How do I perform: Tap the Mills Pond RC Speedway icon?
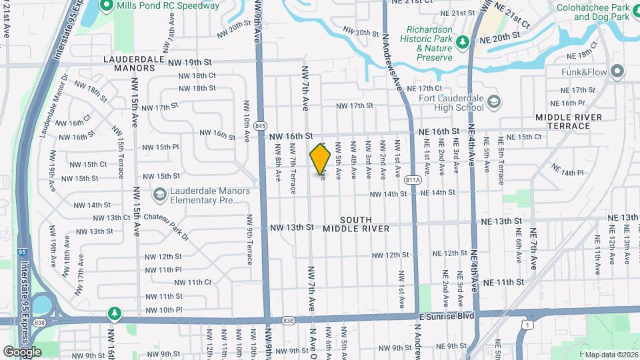point(106,6)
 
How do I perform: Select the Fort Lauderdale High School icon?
point(494,102)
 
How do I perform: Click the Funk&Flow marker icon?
point(617,71)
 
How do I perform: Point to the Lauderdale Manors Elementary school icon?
point(159,195)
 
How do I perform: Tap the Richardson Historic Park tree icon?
point(461,43)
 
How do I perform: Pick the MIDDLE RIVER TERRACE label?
point(568,121)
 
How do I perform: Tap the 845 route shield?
point(261,125)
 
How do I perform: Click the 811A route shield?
point(413,179)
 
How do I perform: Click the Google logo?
point(22,351)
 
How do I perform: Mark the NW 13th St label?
point(291,227)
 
